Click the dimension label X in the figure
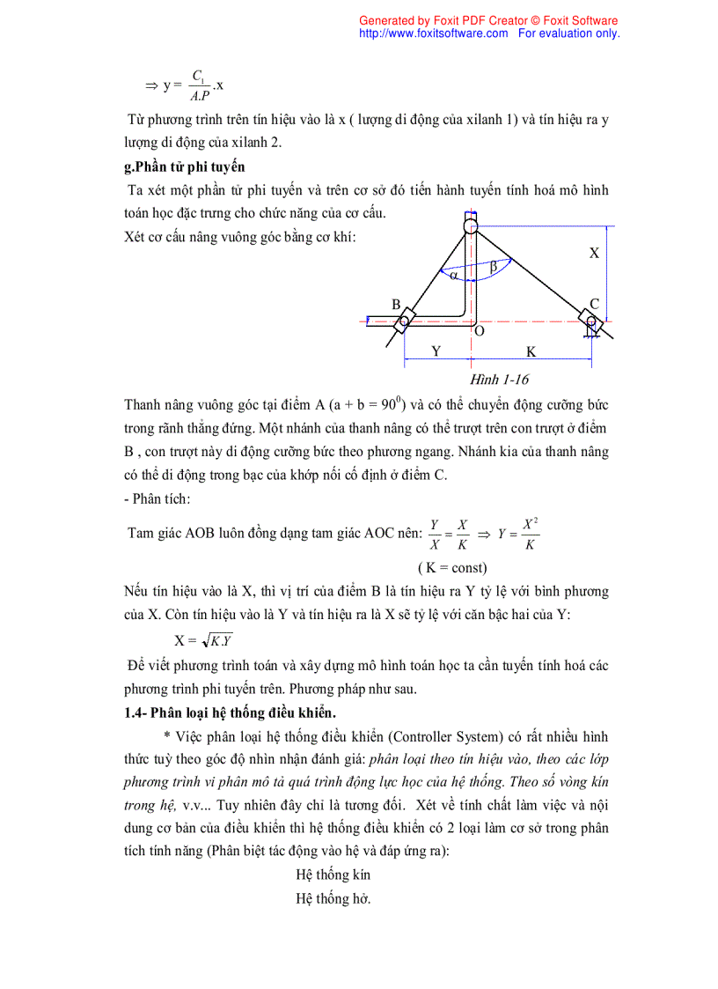594,253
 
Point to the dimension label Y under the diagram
436,351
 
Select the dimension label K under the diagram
531,351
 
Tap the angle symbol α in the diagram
454,275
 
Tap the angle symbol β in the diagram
493,265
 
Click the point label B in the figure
396,305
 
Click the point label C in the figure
594,305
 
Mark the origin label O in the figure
479,331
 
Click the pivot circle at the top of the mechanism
471,227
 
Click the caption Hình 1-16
499,379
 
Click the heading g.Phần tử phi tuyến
185,166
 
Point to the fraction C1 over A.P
199,85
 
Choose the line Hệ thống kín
333,875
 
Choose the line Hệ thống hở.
333,898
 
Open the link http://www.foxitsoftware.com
434,33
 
